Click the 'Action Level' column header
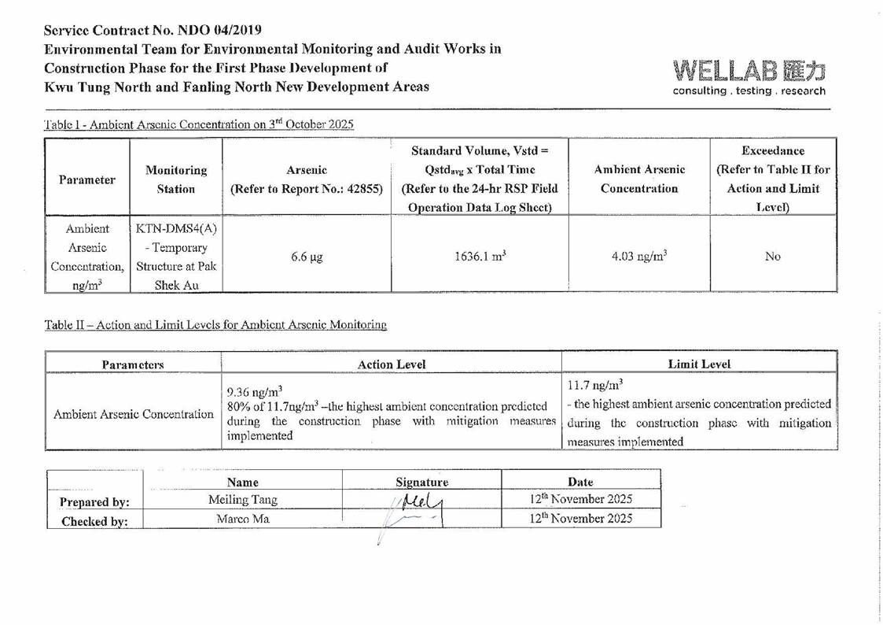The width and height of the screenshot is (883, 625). (391, 364)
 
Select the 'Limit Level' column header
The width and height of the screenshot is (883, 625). (701, 364)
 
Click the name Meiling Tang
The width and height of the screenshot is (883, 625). (244, 499)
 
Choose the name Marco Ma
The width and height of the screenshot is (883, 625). (244, 519)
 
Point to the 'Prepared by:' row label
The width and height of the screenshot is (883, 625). (96, 500)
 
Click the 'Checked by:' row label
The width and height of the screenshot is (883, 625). (96, 520)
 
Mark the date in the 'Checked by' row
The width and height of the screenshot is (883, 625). (580, 519)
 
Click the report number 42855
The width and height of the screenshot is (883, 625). (363, 189)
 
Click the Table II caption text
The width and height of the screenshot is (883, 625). (215, 324)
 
